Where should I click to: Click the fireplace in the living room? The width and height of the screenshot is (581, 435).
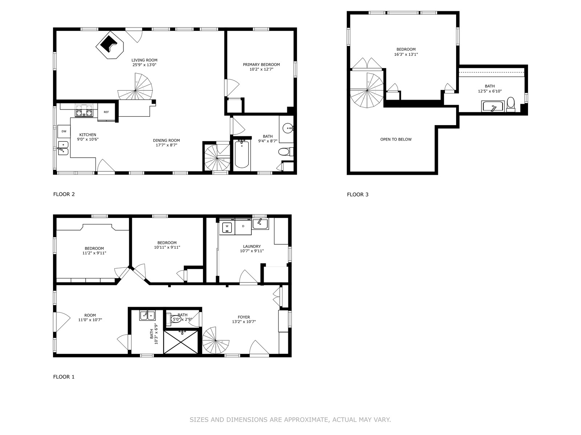click(x=110, y=45)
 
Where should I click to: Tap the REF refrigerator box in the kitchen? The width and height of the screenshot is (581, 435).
click(x=106, y=112)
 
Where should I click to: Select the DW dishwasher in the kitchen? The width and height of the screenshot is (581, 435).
click(x=64, y=132)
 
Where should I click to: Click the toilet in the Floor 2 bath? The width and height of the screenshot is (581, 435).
click(x=286, y=152)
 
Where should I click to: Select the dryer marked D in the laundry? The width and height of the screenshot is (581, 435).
click(x=243, y=226)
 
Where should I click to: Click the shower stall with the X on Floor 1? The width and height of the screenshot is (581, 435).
click(x=181, y=342)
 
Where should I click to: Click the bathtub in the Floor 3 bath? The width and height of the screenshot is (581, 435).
click(x=493, y=107)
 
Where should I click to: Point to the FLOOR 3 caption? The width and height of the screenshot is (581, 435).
click(x=358, y=195)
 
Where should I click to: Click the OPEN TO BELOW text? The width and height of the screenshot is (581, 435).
click(x=396, y=140)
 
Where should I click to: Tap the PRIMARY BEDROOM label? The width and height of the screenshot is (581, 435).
click(x=261, y=65)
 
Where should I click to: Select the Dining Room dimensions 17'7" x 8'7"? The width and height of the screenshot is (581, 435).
click(x=166, y=145)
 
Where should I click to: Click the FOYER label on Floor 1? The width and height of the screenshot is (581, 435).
click(x=244, y=317)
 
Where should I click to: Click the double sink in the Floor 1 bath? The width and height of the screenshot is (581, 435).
click(x=147, y=315)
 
